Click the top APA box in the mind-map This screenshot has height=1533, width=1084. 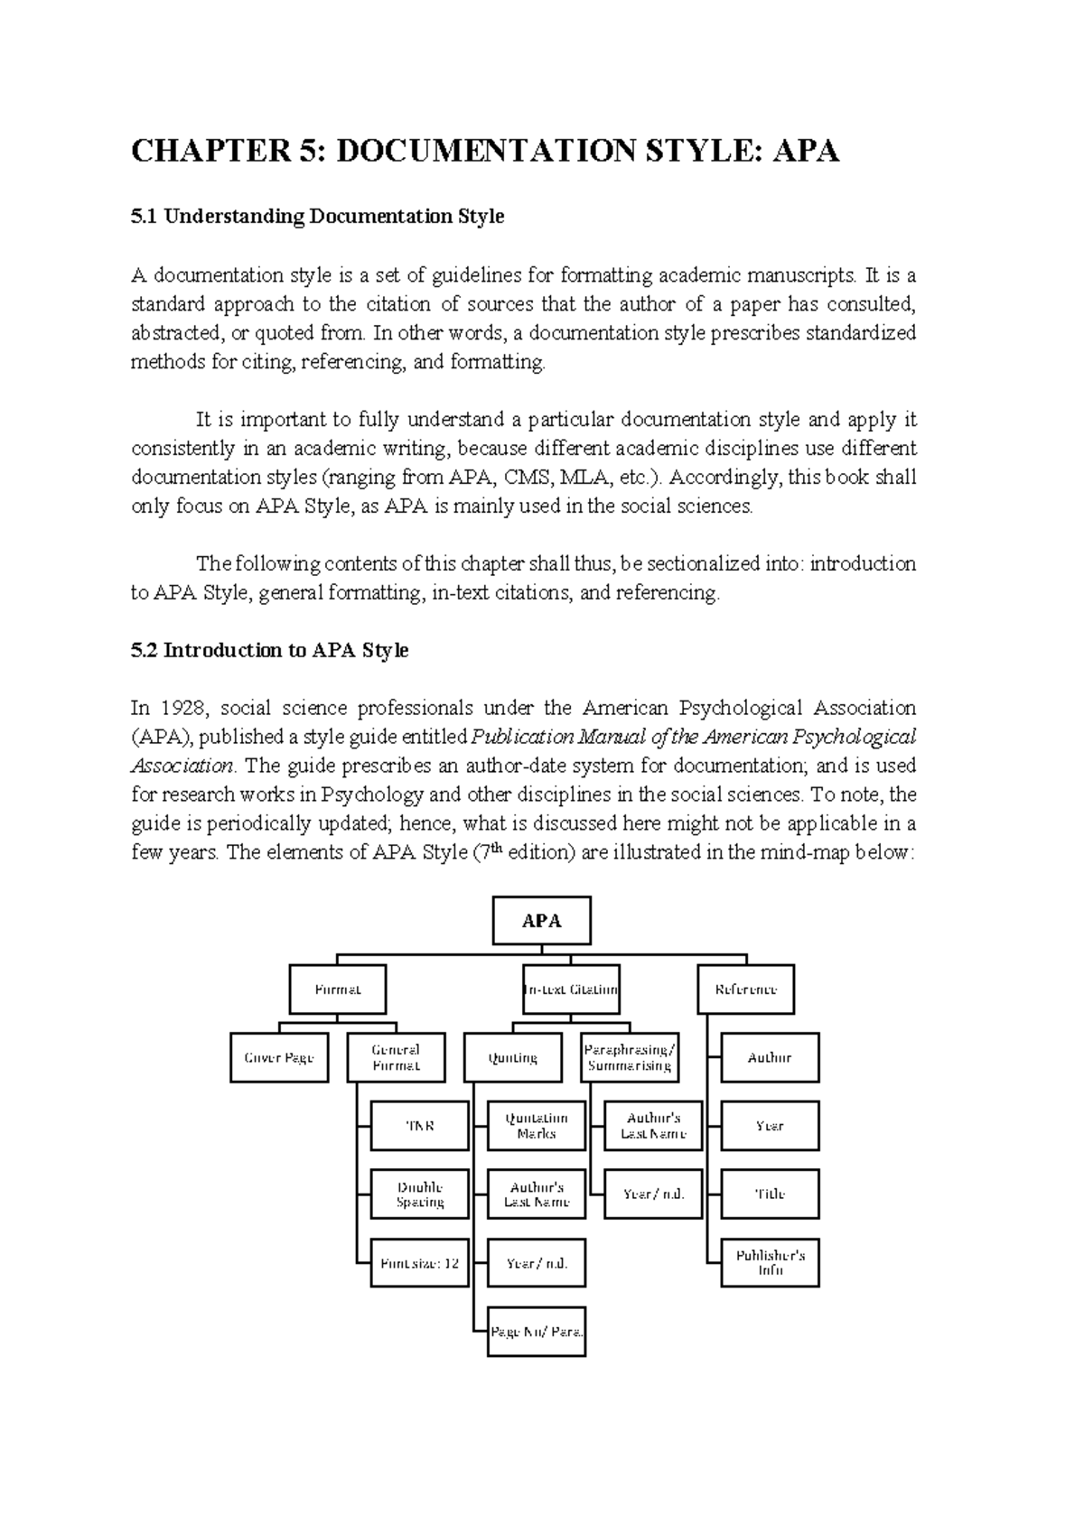[541, 921]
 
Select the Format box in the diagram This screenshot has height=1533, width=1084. [338, 989]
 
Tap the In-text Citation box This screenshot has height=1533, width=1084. [571, 989]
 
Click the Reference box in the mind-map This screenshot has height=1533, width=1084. [746, 989]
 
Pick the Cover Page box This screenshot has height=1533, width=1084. [279, 1057]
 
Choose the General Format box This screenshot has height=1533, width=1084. [396, 1057]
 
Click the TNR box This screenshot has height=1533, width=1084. [420, 1126]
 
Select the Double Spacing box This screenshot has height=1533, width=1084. [420, 1194]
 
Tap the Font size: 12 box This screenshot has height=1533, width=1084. [420, 1263]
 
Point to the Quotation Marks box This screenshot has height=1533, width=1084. [537, 1126]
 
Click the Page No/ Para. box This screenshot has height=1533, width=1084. [537, 1331]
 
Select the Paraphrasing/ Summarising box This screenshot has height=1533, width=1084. [630, 1057]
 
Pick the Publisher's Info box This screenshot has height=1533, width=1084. [770, 1262]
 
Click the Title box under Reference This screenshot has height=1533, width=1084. [770, 1194]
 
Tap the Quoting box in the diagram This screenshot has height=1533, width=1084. [512, 1057]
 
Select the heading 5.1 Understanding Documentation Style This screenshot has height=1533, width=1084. [317, 217]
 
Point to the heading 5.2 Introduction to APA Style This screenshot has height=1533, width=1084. [269, 650]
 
